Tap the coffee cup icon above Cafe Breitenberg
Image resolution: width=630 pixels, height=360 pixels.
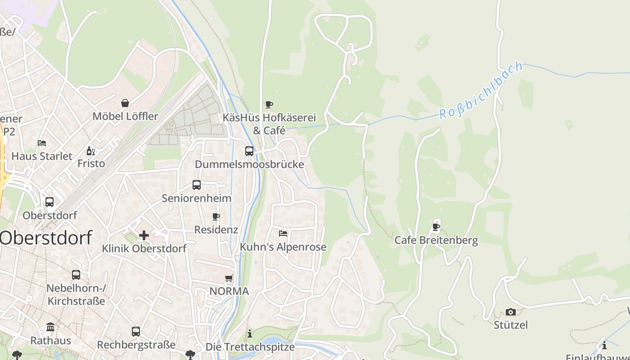[x=436, y=227]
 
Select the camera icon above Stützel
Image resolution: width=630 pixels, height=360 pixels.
[x=510, y=312]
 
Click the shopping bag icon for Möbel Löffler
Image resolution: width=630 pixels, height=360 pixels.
[x=125, y=103]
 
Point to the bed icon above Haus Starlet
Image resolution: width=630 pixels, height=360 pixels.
[x=42, y=143]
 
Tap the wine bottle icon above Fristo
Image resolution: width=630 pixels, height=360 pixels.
[x=90, y=151]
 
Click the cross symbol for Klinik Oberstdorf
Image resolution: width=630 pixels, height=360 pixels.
[x=144, y=235]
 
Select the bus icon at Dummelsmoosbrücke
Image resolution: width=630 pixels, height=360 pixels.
[x=249, y=151]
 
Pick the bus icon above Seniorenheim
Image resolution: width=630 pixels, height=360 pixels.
[x=197, y=185]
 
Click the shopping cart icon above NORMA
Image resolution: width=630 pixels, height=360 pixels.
[x=229, y=278]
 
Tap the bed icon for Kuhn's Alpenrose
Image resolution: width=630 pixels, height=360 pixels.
[x=283, y=234]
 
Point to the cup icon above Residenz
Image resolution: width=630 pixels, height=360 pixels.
[x=216, y=216]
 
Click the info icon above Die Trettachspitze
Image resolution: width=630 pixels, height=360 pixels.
[x=250, y=333]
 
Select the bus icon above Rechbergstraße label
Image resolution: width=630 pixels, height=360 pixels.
[x=136, y=332]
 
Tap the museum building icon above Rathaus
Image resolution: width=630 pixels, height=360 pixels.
[x=50, y=327]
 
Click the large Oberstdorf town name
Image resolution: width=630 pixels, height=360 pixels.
[x=45, y=238]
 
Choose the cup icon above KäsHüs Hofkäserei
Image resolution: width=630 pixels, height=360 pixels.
[x=269, y=105]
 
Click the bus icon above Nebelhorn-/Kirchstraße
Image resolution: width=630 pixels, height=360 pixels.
[x=76, y=274]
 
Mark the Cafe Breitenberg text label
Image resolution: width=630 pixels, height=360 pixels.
[x=436, y=240]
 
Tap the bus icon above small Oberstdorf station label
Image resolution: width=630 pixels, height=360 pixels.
[x=49, y=202]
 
